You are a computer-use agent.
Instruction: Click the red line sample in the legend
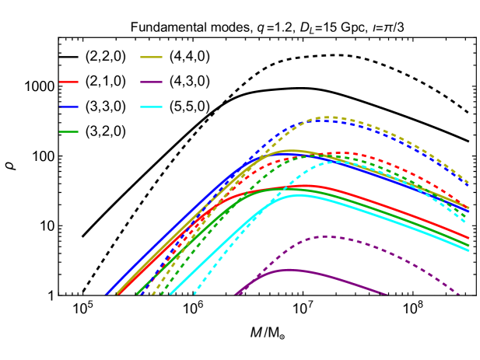(x=68, y=82)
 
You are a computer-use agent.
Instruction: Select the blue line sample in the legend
(x=68, y=107)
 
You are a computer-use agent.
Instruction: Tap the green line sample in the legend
(x=68, y=131)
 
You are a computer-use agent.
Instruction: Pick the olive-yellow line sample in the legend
(x=151, y=57)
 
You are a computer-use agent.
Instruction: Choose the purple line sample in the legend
(x=151, y=82)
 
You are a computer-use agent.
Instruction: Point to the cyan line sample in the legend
(x=151, y=107)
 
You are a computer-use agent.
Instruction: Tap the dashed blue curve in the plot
(x=405, y=141)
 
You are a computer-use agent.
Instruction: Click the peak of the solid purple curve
(x=290, y=270)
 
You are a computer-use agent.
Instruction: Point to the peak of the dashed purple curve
(x=327, y=236)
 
